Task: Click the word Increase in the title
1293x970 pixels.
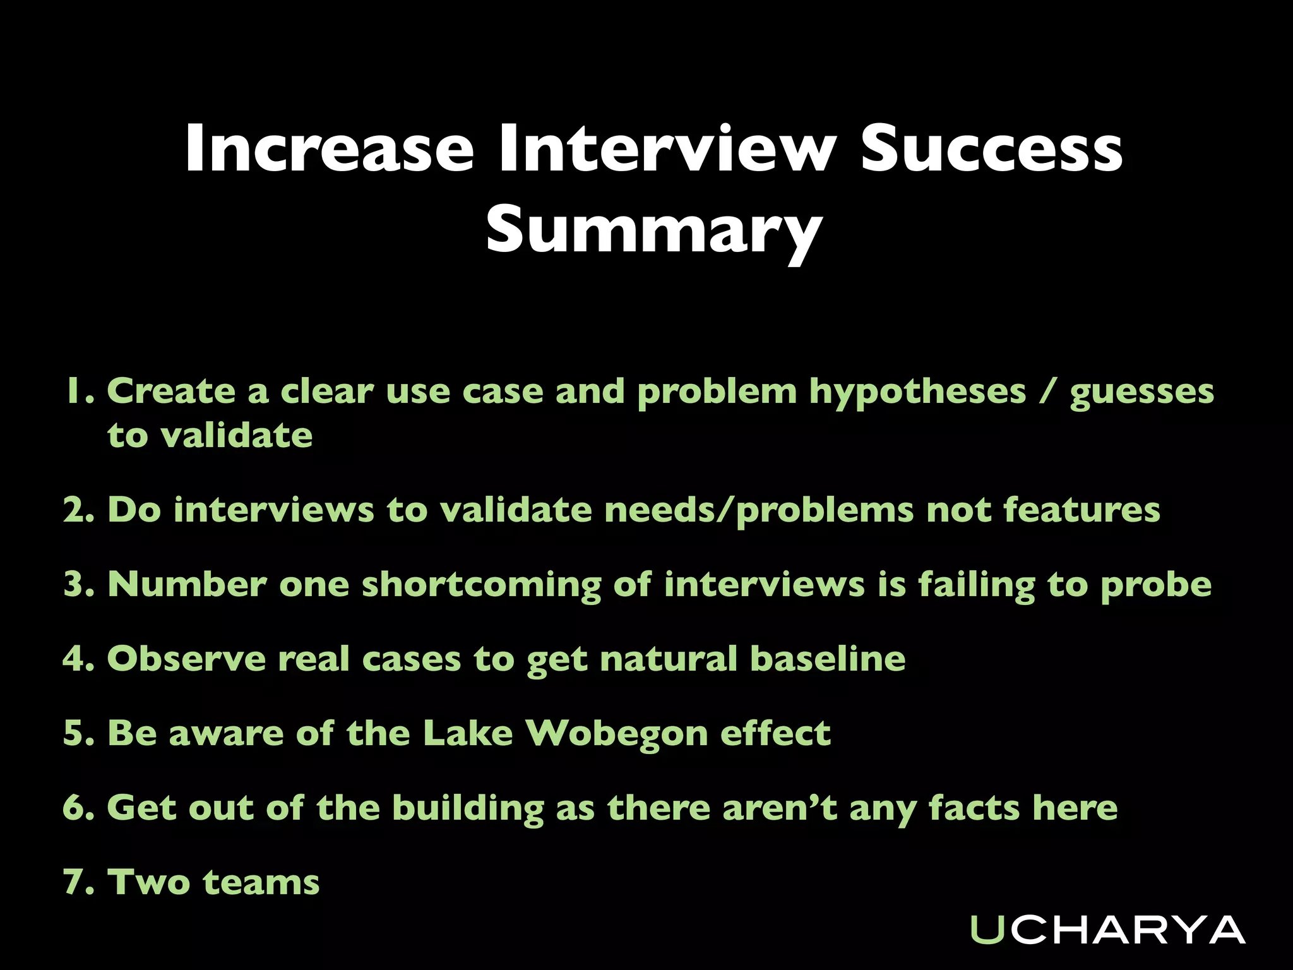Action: [329, 149]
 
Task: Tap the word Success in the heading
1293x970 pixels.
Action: [991, 149]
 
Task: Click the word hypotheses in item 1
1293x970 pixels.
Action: [917, 392]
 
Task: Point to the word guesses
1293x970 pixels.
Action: [1141, 392]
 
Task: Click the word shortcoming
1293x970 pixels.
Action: [481, 584]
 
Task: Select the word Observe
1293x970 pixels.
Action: [186, 659]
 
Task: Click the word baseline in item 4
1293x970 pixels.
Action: [828, 659]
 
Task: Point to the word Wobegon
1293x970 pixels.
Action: [616, 734]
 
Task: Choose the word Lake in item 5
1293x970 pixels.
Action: [467, 733]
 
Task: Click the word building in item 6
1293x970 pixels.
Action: [468, 808]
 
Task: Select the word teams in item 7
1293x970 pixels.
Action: [261, 882]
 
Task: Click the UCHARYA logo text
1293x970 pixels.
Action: [1107, 930]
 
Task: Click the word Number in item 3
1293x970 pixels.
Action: [187, 584]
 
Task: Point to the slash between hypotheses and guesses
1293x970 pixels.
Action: [1047, 391]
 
